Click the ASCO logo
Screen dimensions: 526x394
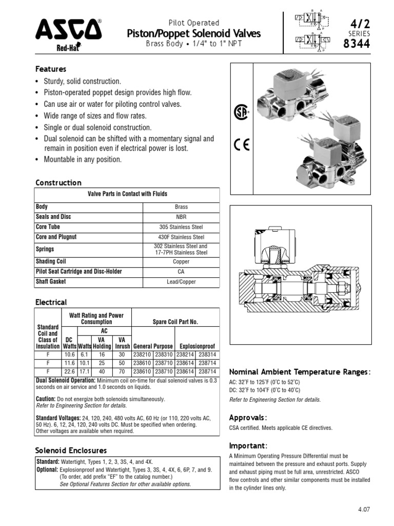[68, 31]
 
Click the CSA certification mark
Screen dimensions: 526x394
[241, 112]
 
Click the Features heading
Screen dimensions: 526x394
[50, 69]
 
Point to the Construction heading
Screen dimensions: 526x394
[58, 183]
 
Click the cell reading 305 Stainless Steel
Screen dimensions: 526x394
[181, 227]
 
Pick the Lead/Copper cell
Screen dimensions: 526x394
[181, 282]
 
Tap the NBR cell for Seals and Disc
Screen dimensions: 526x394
[181, 217]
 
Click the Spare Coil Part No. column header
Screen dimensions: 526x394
[175, 322]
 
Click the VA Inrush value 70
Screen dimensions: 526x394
[122, 371]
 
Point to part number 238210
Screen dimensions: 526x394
[142, 354]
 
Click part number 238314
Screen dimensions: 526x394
[208, 354]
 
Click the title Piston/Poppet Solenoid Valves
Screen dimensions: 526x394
[194, 34]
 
